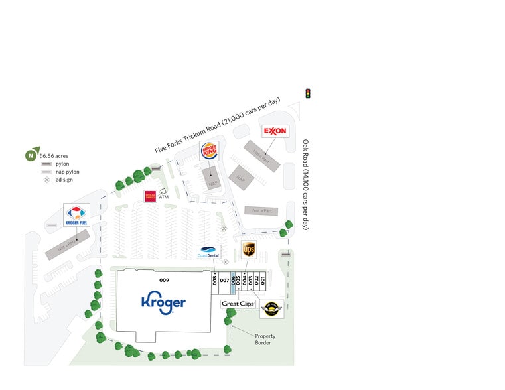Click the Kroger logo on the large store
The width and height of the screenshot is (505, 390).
(163, 302)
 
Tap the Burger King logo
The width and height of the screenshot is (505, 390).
(209, 151)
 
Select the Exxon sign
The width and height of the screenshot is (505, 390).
(275, 131)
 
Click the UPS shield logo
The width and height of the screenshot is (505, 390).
(249, 249)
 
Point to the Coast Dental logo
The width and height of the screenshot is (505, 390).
(208, 252)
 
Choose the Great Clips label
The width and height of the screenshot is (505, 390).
(238, 304)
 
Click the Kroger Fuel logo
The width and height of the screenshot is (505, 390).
(76, 216)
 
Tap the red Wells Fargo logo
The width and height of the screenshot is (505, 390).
(150, 196)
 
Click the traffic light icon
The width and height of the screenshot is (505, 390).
(308, 94)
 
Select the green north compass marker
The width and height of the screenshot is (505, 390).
(31, 156)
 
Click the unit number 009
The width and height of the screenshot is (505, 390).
(164, 280)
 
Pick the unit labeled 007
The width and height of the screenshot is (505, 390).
(224, 281)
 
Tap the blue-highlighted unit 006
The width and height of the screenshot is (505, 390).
(233, 281)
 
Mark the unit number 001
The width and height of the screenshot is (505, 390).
(263, 279)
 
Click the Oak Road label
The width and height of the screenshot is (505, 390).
(306, 184)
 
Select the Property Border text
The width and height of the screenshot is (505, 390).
(265, 340)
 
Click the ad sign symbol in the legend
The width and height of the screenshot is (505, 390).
(46, 180)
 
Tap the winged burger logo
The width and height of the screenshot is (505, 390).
(271, 308)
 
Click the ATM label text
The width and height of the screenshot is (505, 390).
(163, 197)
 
